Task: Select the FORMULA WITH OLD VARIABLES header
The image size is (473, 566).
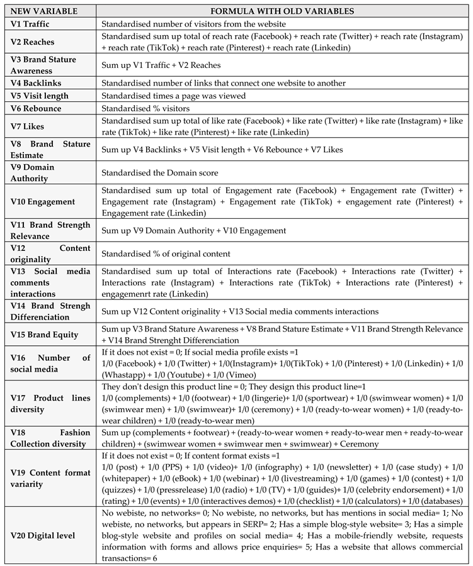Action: [x=284, y=11]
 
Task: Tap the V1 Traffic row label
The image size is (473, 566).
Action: [x=32, y=23]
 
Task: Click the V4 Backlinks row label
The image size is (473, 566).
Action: [x=37, y=83]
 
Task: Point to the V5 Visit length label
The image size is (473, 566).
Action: [x=40, y=96]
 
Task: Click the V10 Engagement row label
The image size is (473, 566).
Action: [x=42, y=202]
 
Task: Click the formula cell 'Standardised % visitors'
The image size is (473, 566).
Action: [x=145, y=109]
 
